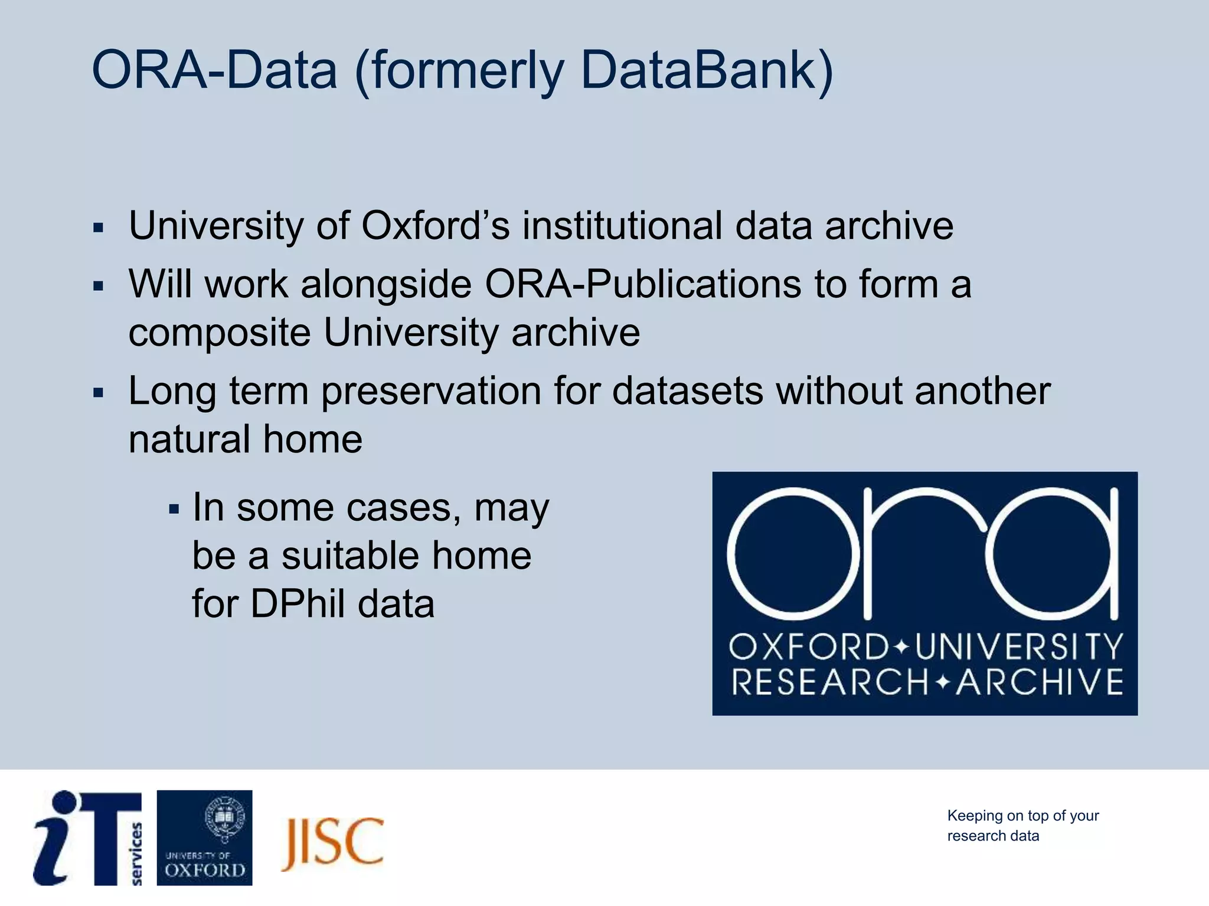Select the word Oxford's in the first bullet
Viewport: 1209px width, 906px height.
pyautogui.click(x=435, y=225)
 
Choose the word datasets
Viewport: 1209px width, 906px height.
pyautogui.click(x=688, y=391)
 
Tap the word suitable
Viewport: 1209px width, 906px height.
pyautogui.click(x=350, y=556)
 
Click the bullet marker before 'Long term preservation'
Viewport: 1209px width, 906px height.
pyautogui.click(x=99, y=392)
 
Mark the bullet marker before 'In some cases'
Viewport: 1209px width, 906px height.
pyautogui.click(x=173, y=508)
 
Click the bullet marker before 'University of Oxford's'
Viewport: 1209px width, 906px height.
pyautogui.click(x=99, y=227)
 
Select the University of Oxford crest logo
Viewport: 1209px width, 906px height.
pyautogui.click(x=204, y=838)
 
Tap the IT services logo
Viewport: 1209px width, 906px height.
pyautogui.click(x=89, y=838)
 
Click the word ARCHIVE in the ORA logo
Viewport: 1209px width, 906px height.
pyautogui.click(x=1040, y=682)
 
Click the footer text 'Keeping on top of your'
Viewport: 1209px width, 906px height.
pyautogui.click(x=1022, y=816)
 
